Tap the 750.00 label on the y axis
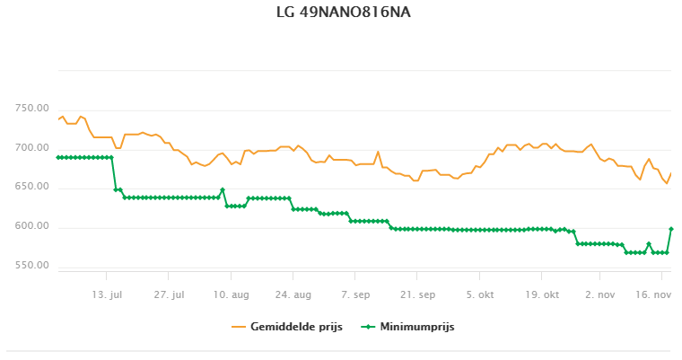[x=31, y=109]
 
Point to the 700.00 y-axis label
[x=31, y=148]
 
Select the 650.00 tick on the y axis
[x=31, y=187]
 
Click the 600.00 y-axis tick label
[x=31, y=226]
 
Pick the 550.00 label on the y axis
[x=31, y=266]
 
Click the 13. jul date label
[x=107, y=294]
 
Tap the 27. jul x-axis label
[x=169, y=294]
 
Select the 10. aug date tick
[x=232, y=294]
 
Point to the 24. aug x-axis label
[x=293, y=294]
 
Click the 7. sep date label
[x=355, y=294]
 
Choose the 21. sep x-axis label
[x=417, y=294]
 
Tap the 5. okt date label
[x=479, y=294]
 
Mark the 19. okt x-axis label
[x=541, y=294]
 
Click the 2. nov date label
[x=600, y=294]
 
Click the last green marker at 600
[x=671, y=229]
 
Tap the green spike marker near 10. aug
[x=223, y=189]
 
